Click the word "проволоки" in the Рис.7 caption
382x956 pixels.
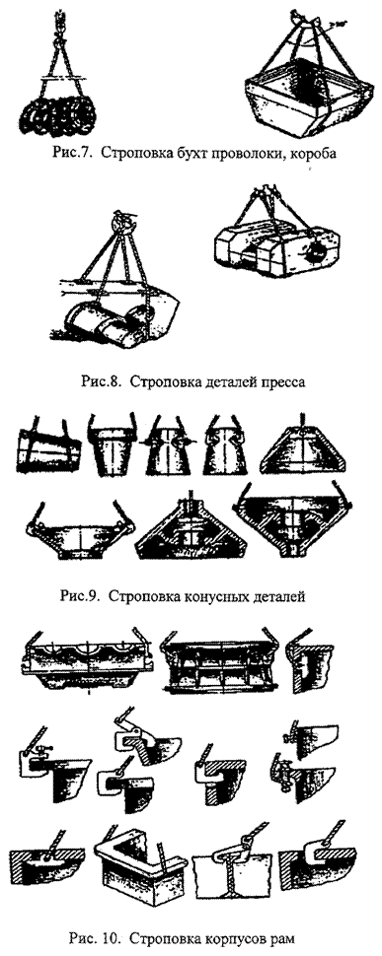coord(242,153)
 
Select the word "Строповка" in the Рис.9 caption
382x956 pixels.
coord(142,596)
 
